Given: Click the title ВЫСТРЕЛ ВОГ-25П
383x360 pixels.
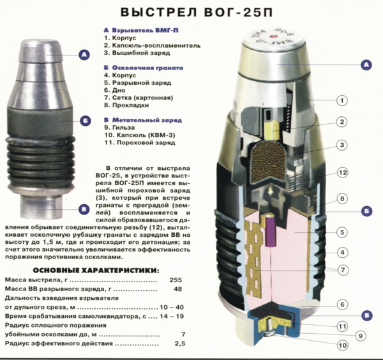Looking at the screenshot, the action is [197, 12].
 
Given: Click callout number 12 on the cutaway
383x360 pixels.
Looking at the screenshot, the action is [342, 173].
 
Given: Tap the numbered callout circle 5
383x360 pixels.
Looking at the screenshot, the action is [342, 232].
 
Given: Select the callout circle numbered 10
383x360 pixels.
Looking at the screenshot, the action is [342, 345].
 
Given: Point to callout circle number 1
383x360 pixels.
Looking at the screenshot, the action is [342, 100].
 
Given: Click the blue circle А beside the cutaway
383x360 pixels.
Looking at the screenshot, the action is [366, 64].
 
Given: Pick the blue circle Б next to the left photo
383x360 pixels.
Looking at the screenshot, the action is [86, 121].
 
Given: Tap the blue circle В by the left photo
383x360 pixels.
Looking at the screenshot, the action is [84, 209].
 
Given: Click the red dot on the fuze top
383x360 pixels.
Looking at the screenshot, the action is [271, 38].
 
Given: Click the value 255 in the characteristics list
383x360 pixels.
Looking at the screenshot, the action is [176, 280].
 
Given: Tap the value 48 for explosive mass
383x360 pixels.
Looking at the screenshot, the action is [178, 289].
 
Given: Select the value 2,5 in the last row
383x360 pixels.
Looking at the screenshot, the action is [180, 343].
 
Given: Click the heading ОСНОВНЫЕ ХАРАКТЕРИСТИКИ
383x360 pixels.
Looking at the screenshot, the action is [96, 271].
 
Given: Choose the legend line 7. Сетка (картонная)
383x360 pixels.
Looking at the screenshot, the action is [139, 98].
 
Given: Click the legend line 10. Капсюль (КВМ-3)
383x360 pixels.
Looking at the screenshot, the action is [140, 135].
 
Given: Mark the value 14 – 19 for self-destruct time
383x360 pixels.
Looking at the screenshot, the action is [172, 317].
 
